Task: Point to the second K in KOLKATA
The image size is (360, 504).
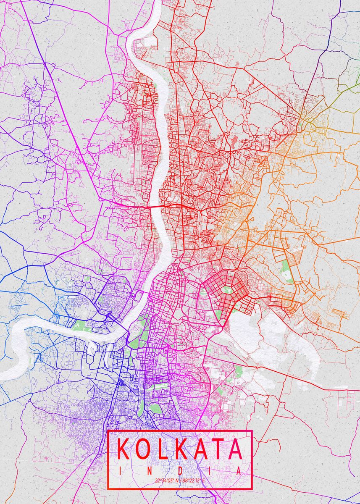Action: [181, 449]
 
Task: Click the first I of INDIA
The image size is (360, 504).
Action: [120, 471]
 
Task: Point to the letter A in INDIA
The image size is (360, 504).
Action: [239, 471]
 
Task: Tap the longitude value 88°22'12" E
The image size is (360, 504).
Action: [193, 480]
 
